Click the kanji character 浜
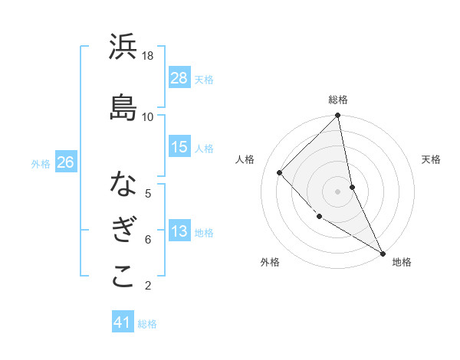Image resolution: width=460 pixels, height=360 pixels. coord(123,47)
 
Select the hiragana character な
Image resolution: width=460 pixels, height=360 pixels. coord(123,185)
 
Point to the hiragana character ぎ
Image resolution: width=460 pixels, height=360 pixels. coord(123,231)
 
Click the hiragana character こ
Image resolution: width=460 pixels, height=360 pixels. coord(123,277)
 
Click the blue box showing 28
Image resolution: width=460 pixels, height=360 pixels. coord(179,77)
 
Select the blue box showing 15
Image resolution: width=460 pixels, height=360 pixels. coord(179,147)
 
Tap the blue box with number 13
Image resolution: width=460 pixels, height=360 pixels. coord(179,231)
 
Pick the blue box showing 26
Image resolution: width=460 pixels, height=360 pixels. coord(65,162)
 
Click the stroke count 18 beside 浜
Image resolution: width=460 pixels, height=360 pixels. coord(148,56)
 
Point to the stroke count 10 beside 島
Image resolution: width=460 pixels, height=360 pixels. coord(148,116)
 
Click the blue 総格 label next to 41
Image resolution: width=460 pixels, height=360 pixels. coord(147,324)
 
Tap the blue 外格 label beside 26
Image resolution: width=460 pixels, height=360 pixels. coord(41,163)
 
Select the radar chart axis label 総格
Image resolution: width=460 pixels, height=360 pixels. coord(338,100)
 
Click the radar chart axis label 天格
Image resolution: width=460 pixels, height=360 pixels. coord(431,159)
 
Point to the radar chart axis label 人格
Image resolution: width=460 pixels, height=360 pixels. coord(245,159)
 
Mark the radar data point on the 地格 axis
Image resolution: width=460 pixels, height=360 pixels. coord(382,253)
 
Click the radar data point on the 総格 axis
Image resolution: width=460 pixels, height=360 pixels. coord(338,116)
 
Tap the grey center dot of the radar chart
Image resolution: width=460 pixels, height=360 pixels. coord(337,191)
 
